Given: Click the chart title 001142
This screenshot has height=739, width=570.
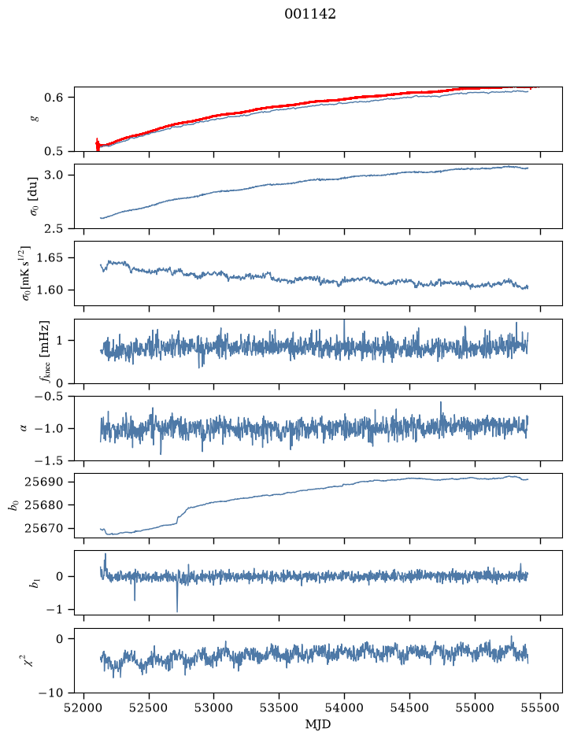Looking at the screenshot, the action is pyautogui.click(x=309, y=14).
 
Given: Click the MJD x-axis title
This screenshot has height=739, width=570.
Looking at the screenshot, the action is pyautogui.click(x=318, y=724).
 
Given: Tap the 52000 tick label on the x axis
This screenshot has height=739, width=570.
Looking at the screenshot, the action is pyautogui.click(x=84, y=708).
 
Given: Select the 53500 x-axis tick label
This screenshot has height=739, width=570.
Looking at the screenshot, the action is pyautogui.click(x=279, y=708).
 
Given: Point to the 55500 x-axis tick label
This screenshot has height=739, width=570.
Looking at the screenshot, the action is pyautogui.click(x=540, y=708).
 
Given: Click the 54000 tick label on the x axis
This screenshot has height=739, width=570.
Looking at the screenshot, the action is pyautogui.click(x=344, y=708).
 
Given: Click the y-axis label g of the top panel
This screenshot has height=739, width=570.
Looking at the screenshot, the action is pyautogui.click(x=34, y=119).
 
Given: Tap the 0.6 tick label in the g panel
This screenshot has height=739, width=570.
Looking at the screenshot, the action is pyautogui.click(x=54, y=98).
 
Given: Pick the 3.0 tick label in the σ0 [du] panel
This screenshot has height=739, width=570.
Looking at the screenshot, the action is pyautogui.click(x=54, y=176).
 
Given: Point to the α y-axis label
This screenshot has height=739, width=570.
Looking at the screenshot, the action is pyautogui.click(x=24, y=428).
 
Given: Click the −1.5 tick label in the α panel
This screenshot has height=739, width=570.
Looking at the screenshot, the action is pyautogui.click(x=49, y=460).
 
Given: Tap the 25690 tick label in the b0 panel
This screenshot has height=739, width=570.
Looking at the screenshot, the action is pyautogui.click(x=44, y=482).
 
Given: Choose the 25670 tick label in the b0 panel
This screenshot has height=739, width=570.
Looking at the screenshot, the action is pyautogui.click(x=44, y=528).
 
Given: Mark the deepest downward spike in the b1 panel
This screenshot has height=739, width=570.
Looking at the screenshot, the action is pyautogui.click(x=177, y=612).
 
